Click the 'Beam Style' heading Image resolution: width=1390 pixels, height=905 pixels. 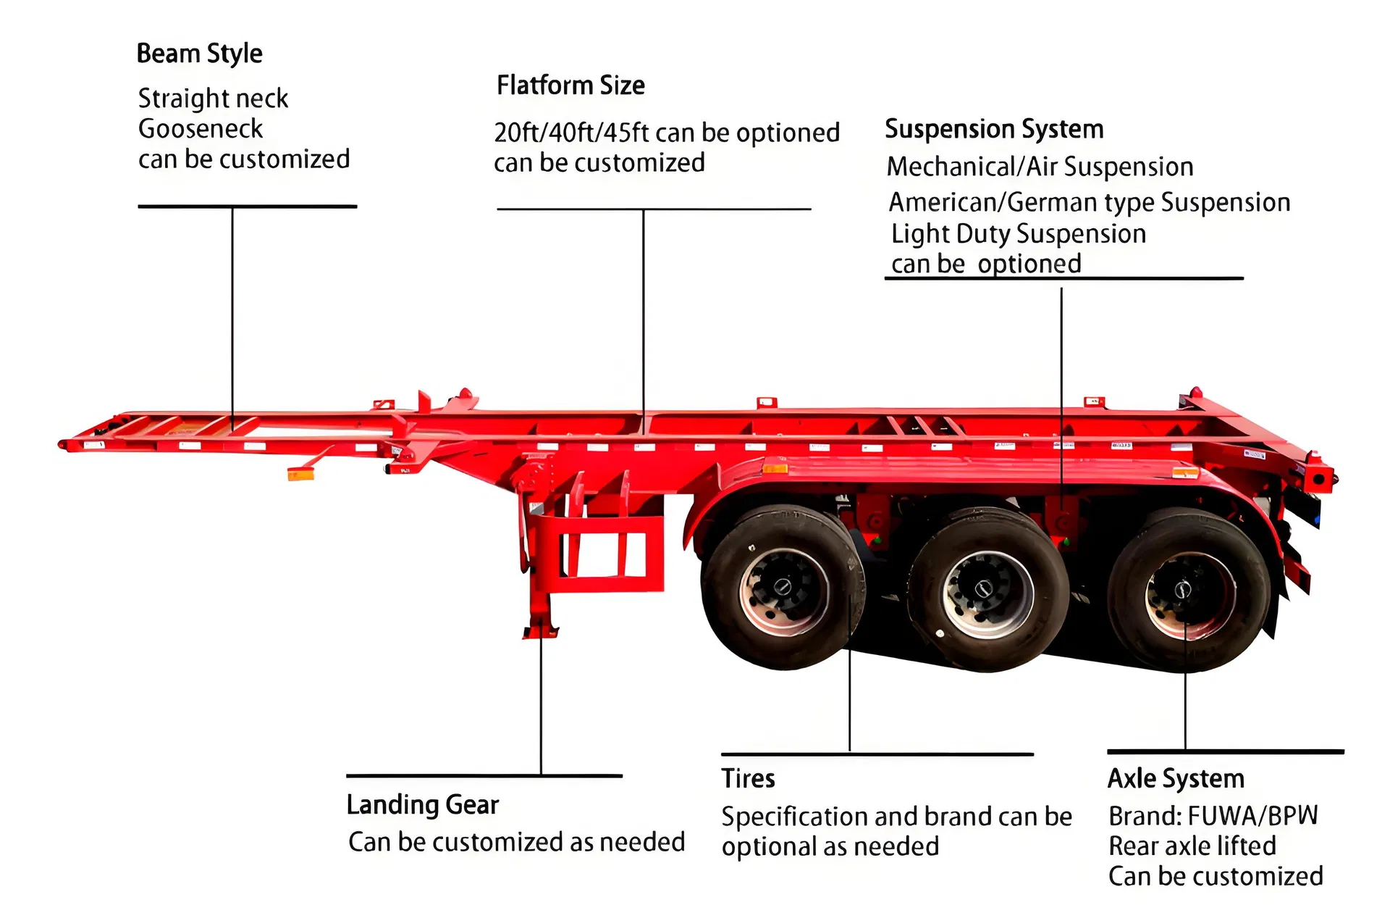[x=199, y=54]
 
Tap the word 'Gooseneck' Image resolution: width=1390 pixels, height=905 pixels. [x=201, y=129]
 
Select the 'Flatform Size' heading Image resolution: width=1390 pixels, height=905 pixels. [x=570, y=86]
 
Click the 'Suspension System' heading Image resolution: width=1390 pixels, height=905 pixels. [x=994, y=129]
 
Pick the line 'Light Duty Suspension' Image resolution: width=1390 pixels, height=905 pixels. [x=1019, y=234]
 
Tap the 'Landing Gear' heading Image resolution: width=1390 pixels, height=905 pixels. [x=423, y=804]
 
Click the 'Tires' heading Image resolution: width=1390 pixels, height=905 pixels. [x=748, y=778]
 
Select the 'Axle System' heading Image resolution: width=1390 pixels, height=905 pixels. [x=1176, y=778]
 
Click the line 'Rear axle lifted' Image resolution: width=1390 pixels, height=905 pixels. [x=1192, y=846]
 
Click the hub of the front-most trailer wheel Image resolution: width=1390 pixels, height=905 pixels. [x=783, y=588]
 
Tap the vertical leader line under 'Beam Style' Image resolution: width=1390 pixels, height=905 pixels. [x=232, y=312]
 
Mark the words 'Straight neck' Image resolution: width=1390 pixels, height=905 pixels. [x=213, y=99]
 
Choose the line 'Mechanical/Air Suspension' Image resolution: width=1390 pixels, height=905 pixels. [x=1040, y=167]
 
